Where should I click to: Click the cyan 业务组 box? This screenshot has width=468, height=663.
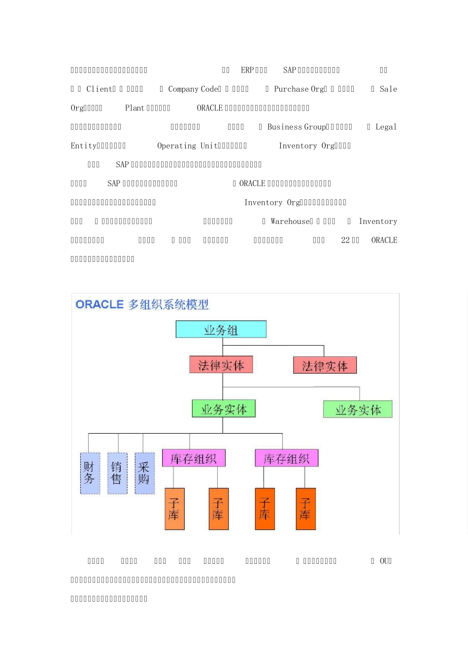(221, 330)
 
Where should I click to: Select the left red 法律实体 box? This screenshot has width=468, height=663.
(221, 365)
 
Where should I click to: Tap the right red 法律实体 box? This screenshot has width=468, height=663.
(325, 366)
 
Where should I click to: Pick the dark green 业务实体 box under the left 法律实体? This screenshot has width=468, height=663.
(224, 409)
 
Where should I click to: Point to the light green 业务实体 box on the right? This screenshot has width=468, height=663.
(358, 409)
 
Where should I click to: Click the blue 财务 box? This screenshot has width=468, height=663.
(90, 473)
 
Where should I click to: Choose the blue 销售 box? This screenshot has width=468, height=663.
(117, 473)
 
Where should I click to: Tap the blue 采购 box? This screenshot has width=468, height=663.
(144, 473)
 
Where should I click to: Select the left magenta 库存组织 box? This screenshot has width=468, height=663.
(194, 458)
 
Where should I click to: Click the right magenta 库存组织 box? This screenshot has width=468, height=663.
(286, 458)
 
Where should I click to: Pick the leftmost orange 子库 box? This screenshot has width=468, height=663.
(174, 509)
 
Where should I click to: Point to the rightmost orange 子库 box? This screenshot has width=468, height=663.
(305, 509)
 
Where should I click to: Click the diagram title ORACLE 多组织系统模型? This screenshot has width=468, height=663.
(142, 304)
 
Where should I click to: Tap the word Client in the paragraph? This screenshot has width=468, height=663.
(100, 89)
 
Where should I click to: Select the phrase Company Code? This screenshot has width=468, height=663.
(194, 89)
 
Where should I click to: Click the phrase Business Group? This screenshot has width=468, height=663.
(297, 127)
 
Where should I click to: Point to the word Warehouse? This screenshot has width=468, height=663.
(291, 221)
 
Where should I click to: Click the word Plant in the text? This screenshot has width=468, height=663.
(134, 108)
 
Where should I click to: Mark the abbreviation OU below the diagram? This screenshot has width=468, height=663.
(384, 561)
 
